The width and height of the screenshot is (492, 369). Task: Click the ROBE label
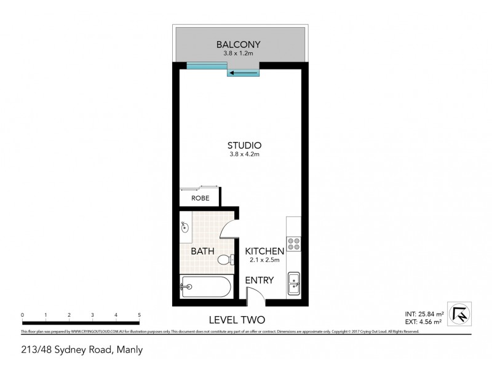point(199,198)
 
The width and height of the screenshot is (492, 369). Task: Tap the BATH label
point(202,252)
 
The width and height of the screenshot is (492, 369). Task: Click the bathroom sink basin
point(186,228)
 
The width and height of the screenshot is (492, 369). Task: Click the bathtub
point(205,287)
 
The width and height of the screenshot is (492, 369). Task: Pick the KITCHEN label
point(264,252)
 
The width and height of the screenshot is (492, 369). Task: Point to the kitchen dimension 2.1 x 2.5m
point(264,261)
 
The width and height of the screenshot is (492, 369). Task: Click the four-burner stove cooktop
point(293,244)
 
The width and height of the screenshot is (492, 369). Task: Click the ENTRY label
point(259,280)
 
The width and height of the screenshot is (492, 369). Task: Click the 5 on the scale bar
point(140,314)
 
